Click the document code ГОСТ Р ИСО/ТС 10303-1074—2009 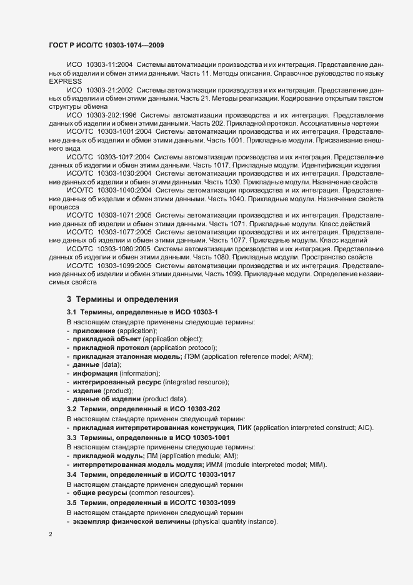tap(106, 45)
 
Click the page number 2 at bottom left tap(51, 535)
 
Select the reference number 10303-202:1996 tap(111, 116)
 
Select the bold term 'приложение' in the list tap(94, 330)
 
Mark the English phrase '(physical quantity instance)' tap(235, 522)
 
